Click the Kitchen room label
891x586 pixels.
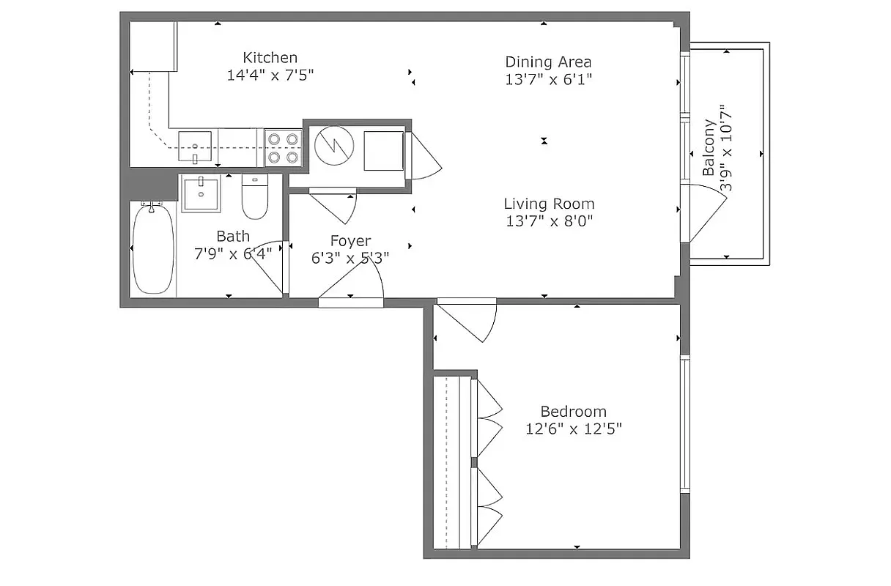[x=270, y=57]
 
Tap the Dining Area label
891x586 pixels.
[x=548, y=62]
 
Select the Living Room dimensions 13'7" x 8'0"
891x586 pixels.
[x=548, y=220]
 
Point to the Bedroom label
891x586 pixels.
[x=573, y=412]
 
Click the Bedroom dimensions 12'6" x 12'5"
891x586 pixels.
[x=573, y=429]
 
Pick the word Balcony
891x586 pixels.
[x=709, y=148]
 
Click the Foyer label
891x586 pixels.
[x=350, y=241]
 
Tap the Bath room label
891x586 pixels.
[x=232, y=237]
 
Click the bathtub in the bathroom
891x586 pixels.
[x=154, y=249]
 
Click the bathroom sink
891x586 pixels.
[x=201, y=193]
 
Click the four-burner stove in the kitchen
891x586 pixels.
[x=283, y=146]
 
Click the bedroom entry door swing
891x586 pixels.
[x=469, y=319]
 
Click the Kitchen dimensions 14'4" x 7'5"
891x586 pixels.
[x=270, y=75]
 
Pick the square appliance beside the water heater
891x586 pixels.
[x=383, y=150]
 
